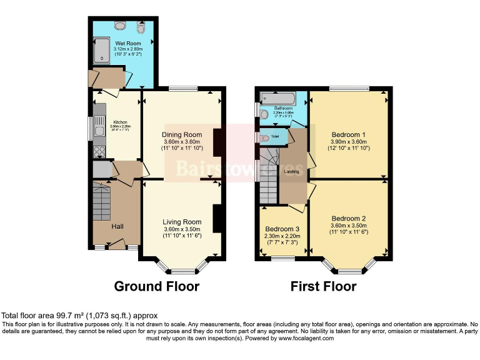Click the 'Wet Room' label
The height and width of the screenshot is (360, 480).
click(x=124, y=44)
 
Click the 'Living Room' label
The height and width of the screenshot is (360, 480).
click(x=182, y=222)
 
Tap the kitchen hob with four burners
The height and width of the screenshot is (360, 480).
click(x=99, y=151)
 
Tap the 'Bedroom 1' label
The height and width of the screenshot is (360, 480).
click(x=349, y=135)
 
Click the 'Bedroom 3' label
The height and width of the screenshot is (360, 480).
click(x=282, y=229)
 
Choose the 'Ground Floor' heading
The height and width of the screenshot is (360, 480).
click(x=156, y=287)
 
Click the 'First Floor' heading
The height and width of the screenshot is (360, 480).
click(x=323, y=287)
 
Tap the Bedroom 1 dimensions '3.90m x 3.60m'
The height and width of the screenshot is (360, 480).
click(x=349, y=142)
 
